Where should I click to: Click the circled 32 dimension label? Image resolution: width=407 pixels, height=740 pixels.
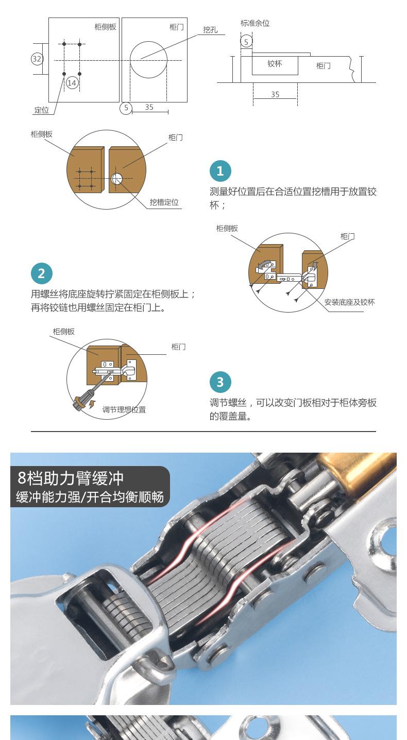pyautogui.click(x=37, y=59)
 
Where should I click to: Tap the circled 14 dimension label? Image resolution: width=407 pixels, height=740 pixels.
pyautogui.click(x=72, y=82)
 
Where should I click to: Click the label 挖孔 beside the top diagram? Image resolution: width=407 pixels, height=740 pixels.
pyautogui.click(x=210, y=30)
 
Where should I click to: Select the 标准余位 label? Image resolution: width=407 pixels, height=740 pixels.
pyautogui.click(x=255, y=23)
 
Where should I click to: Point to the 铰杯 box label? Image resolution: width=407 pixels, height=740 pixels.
pyautogui.click(x=275, y=63)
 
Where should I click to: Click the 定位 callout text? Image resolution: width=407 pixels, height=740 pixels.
pyautogui.click(x=42, y=110)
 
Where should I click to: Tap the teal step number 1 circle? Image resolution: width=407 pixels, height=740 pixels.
pyautogui.click(x=220, y=171)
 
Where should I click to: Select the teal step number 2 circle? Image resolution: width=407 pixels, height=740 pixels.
pyautogui.click(x=42, y=273)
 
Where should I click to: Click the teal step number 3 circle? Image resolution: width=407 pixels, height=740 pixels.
pyautogui.click(x=220, y=382)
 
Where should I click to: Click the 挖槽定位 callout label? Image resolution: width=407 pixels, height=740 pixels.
pyautogui.click(x=164, y=202)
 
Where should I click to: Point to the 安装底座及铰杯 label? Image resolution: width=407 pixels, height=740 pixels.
pyautogui.click(x=349, y=302)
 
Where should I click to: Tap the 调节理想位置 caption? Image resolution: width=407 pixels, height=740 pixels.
pyautogui.click(x=124, y=409)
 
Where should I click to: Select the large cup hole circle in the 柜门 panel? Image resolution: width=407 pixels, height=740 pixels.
pyautogui.click(x=148, y=41)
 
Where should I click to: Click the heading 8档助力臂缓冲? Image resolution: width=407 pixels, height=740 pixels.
pyautogui.click(x=71, y=478)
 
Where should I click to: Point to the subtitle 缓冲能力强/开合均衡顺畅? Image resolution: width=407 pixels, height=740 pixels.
pyautogui.click(x=90, y=497)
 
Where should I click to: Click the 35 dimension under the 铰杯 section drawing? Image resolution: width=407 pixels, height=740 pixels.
pyautogui.click(x=275, y=94)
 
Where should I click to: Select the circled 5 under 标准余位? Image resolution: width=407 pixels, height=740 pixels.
pyautogui.click(x=246, y=42)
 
